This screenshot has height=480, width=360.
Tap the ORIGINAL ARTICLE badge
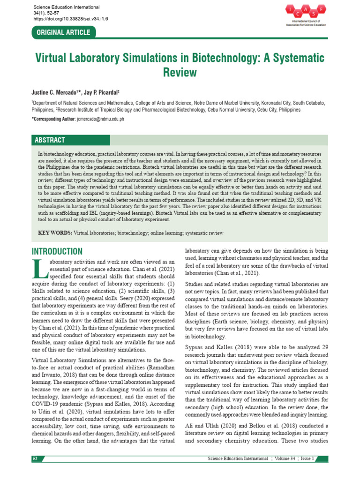point(64,32)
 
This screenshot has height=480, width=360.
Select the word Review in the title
point(180,73)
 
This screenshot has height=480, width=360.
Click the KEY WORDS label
point(55,233)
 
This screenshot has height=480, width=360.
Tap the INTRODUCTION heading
point(57,252)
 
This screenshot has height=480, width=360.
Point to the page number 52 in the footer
point(35,458)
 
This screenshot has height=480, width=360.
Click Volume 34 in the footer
point(286,458)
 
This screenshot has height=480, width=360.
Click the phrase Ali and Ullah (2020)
point(210,425)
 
